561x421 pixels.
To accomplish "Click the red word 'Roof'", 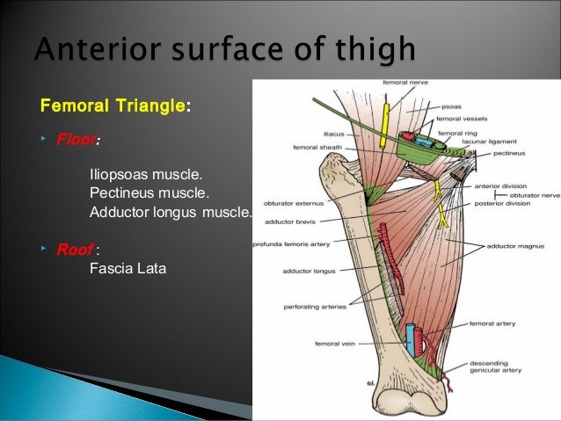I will tap(75, 250).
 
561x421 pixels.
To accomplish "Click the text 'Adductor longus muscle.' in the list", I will tap(171, 212).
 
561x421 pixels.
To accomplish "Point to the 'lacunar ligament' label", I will tap(489, 141).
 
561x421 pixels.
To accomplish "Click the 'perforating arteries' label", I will tap(313, 307).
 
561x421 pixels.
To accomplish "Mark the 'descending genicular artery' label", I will tap(498, 366).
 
